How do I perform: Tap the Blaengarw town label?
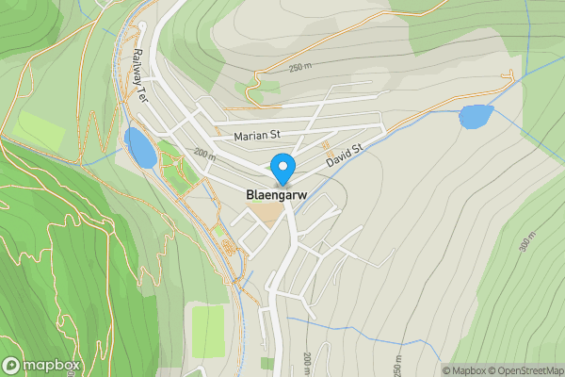pyautogui.click(x=276, y=195)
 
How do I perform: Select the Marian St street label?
pyautogui.click(x=257, y=136)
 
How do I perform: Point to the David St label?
pyautogui.click(x=345, y=156)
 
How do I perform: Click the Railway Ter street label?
pyautogui.click(x=141, y=72)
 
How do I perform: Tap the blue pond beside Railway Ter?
pyautogui.click(x=139, y=148)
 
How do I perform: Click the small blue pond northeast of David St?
pyautogui.click(x=476, y=117)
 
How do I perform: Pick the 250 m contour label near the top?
pyautogui.click(x=299, y=68)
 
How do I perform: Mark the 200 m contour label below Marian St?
pyautogui.click(x=203, y=153)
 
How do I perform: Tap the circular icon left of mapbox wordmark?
pyautogui.click(x=11, y=366)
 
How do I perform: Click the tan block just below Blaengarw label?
pyautogui.click(x=270, y=214)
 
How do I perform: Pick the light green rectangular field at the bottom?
pyautogui.click(x=208, y=331)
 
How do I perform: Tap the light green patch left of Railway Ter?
pyautogui.click(x=39, y=127)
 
